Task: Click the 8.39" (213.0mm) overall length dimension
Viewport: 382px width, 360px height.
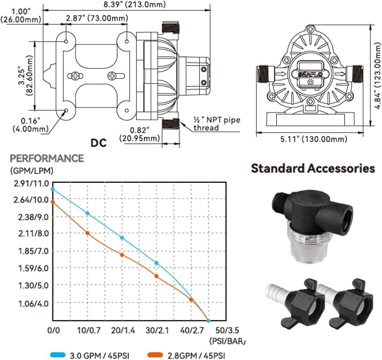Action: [x=134, y=4]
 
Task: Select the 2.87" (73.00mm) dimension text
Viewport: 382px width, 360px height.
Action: [x=97, y=18]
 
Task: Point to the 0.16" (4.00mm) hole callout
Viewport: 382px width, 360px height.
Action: [x=30, y=124]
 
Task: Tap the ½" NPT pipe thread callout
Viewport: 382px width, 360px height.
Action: [x=217, y=124]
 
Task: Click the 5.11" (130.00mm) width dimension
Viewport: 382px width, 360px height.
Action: [x=313, y=139]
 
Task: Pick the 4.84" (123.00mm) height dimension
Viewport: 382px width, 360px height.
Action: [x=377, y=75]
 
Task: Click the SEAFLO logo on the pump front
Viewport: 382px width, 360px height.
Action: [x=310, y=74]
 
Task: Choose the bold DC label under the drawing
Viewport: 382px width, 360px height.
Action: [x=98, y=143]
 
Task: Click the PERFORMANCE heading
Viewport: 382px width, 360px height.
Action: [x=47, y=158]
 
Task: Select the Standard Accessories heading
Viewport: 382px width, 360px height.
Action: [x=313, y=168]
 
